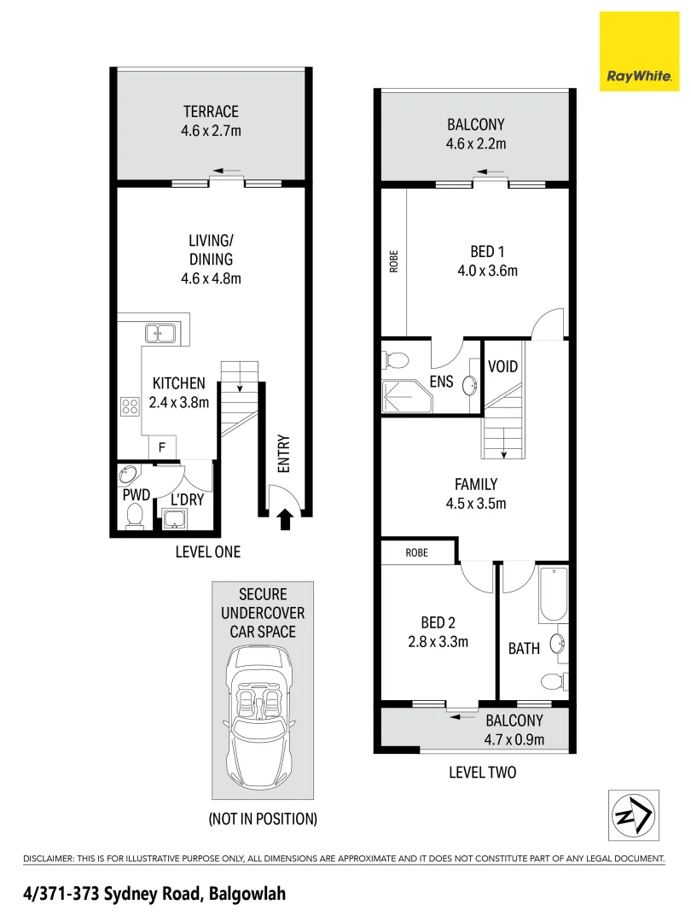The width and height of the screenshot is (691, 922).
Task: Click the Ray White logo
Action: click(640, 51)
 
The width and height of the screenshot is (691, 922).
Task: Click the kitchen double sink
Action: click(160, 333)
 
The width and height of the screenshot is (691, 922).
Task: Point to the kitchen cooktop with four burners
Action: click(131, 406)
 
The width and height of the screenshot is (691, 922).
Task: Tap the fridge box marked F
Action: click(162, 446)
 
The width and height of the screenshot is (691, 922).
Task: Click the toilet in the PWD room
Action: click(134, 515)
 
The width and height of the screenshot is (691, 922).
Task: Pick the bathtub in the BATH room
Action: click(552, 596)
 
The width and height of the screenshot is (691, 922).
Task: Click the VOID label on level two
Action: click(502, 367)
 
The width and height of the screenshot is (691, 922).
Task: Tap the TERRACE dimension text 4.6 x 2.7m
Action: click(210, 131)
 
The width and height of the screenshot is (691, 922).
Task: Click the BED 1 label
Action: click(488, 252)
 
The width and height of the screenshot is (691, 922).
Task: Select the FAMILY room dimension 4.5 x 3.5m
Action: click(476, 503)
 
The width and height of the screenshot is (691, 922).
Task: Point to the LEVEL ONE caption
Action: click(208, 552)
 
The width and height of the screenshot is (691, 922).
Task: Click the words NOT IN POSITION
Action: click(263, 819)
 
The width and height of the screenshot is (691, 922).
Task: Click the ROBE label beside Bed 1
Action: click(394, 260)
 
